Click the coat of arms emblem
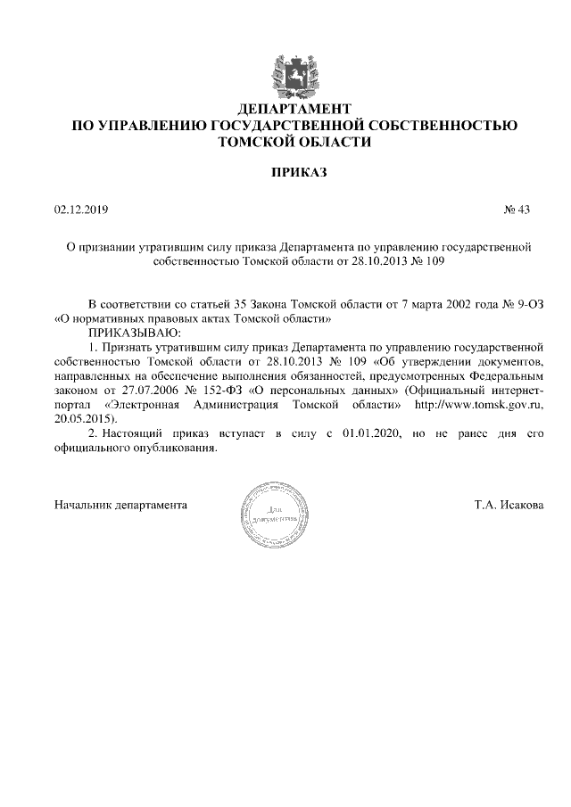285,73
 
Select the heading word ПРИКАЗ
285,171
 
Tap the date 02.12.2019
80,210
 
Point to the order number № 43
517,210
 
